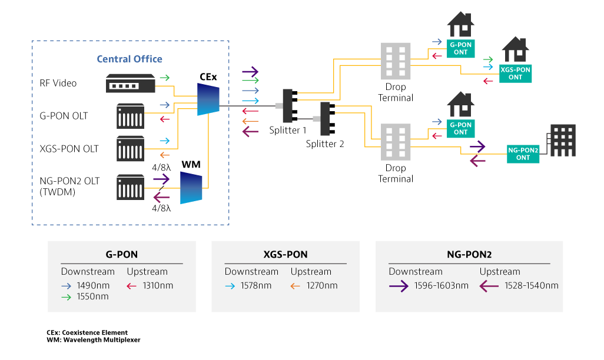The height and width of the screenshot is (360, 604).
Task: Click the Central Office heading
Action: (130, 59)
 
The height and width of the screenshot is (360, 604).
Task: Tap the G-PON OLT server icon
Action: (130, 116)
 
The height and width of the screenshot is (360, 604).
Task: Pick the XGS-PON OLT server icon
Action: (130, 148)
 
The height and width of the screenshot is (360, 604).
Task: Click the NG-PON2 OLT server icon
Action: (130, 186)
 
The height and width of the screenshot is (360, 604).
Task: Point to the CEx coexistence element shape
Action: (208, 99)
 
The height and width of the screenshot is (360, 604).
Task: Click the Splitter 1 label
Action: (288, 130)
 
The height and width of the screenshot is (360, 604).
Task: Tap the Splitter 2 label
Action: (324, 144)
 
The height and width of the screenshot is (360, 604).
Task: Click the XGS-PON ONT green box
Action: (515, 74)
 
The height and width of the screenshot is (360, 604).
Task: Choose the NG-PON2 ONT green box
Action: (523, 154)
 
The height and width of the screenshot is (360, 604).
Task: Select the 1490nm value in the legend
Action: (92, 286)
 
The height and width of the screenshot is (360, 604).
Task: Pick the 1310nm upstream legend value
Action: (158, 286)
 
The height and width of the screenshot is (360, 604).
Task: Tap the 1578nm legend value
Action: (255, 286)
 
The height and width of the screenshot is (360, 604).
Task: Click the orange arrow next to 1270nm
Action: (296, 286)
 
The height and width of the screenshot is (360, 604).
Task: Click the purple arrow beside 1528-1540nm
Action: (490, 286)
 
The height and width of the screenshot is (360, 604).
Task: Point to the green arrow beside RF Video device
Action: (165, 78)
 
